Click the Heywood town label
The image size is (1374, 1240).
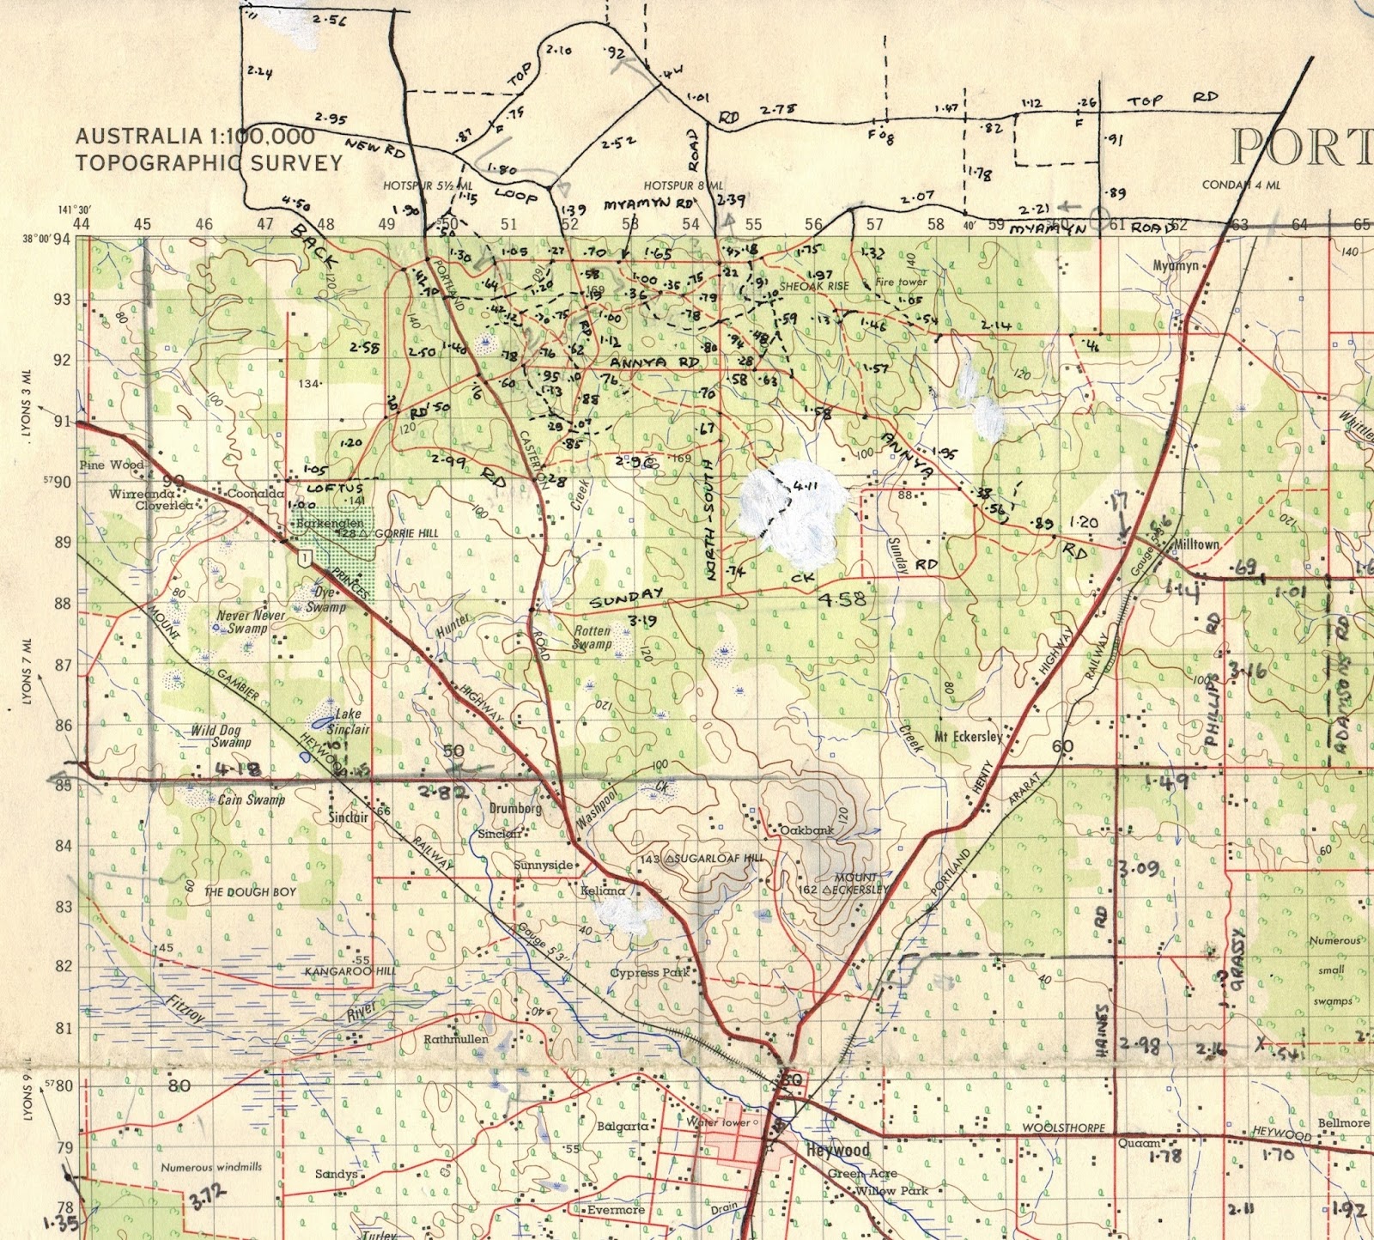[x=838, y=1150]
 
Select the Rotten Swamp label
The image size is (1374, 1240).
[x=592, y=637]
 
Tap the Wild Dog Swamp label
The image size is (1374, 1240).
[x=221, y=737]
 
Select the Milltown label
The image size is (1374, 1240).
[x=1195, y=545]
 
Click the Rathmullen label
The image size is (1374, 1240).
[x=456, y=1039]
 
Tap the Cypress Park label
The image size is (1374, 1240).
[x=649, y=973]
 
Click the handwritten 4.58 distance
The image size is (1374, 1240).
[x=842, y=599]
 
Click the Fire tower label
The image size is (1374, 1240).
[x=901, y=282]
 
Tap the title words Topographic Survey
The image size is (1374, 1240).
[x=209, y=162]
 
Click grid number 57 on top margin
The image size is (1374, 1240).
[x=874, y=225]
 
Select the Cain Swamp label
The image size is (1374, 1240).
[x=251, y=799]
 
